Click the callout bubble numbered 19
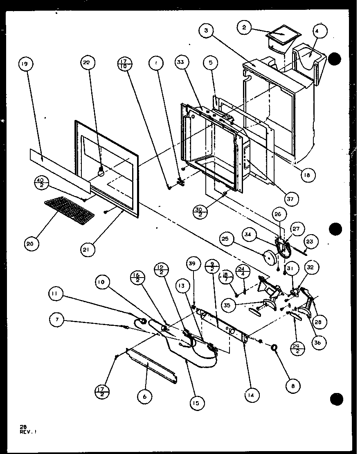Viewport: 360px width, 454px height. click(25, 64)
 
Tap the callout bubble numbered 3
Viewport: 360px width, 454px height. click(207, 31)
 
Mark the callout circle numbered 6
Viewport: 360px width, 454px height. click(145, 396)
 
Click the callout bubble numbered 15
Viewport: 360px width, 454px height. click(196, 403)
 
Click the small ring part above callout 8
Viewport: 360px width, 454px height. click(275, 348)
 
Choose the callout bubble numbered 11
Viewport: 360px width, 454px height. click(54, 293)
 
